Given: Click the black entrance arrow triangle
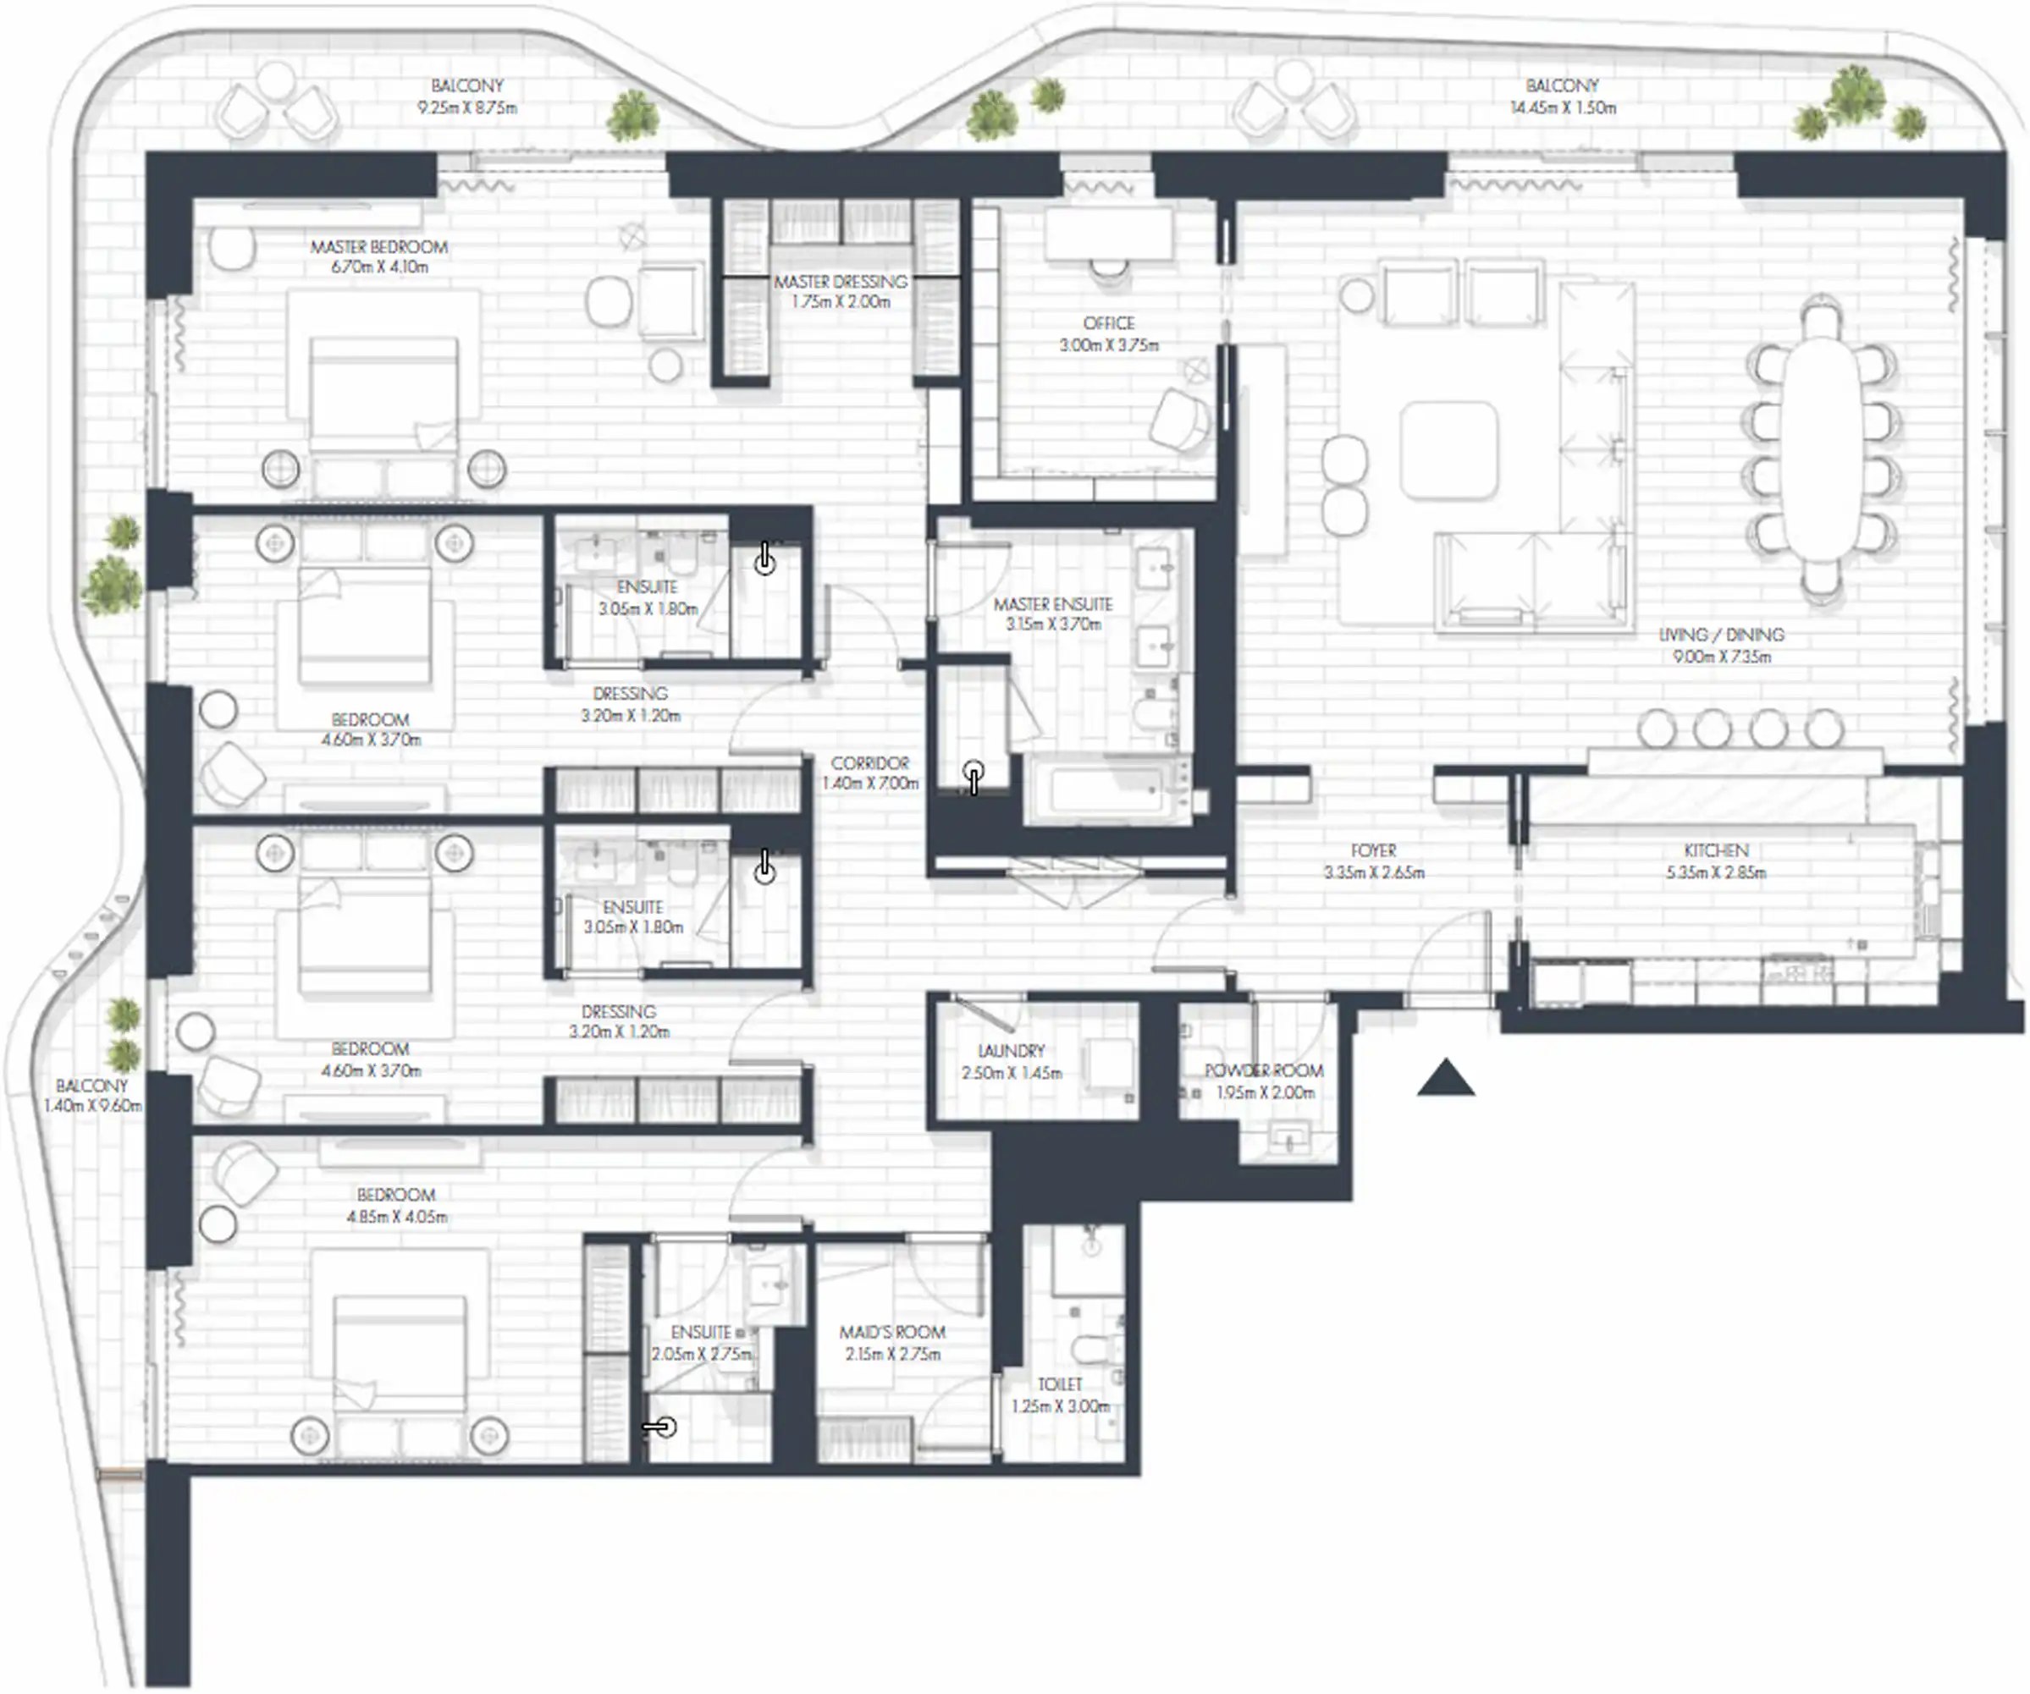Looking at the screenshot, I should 1445,1081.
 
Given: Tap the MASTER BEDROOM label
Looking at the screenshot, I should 379,246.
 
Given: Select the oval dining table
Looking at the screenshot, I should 1821,449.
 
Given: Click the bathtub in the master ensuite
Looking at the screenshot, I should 1106,790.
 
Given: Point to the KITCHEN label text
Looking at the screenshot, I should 1716,850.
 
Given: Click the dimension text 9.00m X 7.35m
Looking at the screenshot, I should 1722,657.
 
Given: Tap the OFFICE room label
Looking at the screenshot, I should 1108,322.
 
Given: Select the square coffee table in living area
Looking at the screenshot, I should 1449,450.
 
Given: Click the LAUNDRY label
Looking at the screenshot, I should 1011,1050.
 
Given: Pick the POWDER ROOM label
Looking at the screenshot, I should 1263,1070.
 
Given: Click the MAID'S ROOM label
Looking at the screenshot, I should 891,1332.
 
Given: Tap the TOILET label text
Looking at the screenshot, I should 1060,1383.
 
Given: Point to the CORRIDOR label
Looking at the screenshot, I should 870,762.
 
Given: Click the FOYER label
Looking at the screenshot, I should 1374,850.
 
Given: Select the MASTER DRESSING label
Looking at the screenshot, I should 840,281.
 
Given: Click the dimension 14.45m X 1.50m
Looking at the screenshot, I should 1563,107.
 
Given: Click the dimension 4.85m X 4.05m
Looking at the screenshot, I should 396,1217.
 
